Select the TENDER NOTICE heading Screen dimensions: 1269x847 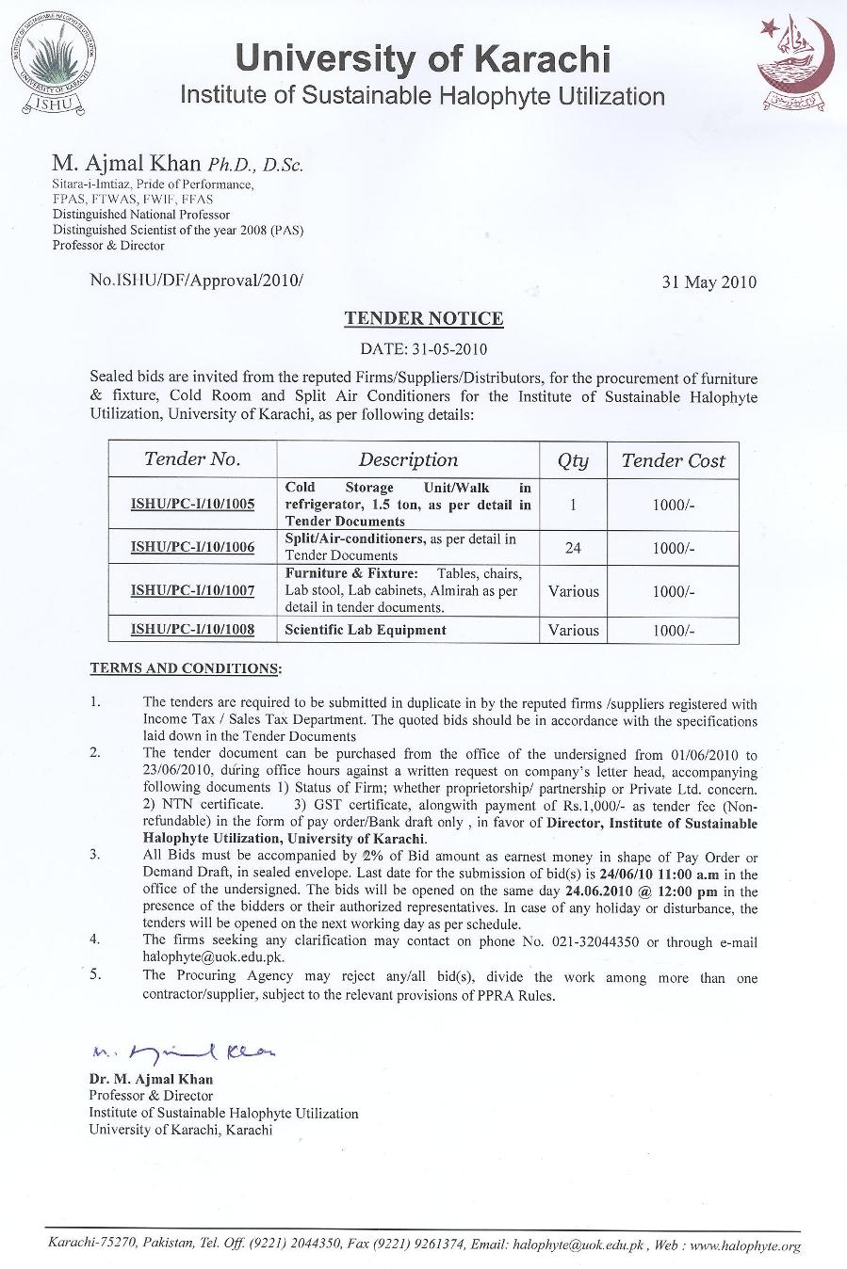[423, 318]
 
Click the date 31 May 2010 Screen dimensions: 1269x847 [709, 281]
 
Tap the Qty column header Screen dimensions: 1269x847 [573, 460]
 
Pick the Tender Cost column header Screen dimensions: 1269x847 [673, 460]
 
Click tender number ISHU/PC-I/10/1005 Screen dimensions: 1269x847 [192, 505]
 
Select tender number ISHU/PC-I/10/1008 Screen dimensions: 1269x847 [192, 630]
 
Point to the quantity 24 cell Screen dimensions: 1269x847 [573, 547]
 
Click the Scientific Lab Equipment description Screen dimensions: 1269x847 [366, 630]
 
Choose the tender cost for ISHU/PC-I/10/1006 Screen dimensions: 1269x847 [673, 547]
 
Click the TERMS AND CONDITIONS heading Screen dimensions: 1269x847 [185, 668]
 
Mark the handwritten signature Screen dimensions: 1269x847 [185, 1052]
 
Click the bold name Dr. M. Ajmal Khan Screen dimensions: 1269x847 [151, 1079]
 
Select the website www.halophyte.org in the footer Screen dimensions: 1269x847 [745, 1246]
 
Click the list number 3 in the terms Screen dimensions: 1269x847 [95, 856]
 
